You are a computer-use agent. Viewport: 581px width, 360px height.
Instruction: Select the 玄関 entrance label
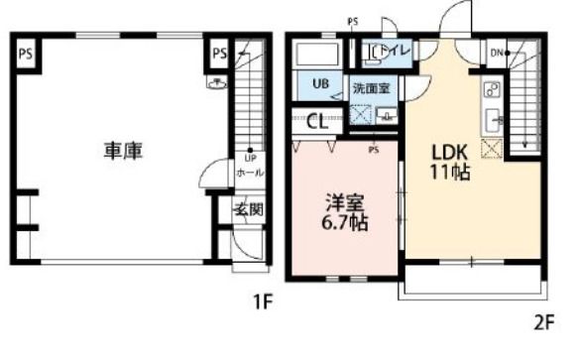click(247, 209)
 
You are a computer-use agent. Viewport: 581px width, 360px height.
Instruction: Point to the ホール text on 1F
click(249, 173)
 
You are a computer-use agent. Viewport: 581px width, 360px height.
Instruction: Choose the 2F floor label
click(544, 321)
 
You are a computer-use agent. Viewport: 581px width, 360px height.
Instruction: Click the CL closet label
click(318, 123)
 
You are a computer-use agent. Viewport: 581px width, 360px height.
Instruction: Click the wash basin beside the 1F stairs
click(217, 83)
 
